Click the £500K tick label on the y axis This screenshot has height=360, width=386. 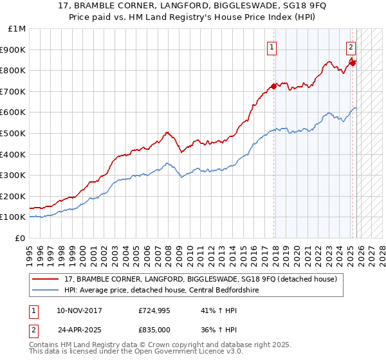pos(13,133)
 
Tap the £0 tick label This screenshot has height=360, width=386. pos(21,238)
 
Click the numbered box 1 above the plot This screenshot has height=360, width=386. pos(272,47)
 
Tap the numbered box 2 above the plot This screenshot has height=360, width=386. pos(351,47)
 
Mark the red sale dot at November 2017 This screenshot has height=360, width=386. pos(273,86)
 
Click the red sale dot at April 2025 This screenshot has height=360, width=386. pos(353,62)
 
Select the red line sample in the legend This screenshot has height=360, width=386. pos(46,279)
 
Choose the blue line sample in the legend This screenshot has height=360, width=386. pos(46,290)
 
